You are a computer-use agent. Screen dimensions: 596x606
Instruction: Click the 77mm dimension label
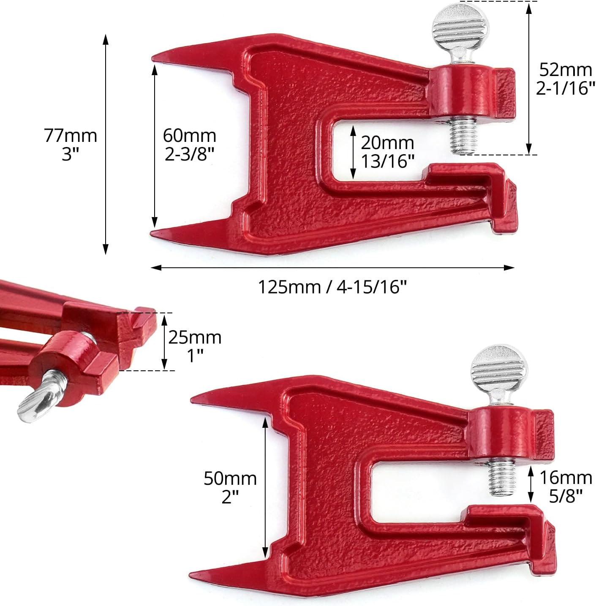[x=71, y=136]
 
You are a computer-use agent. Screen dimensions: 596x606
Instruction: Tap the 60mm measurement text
[x=189, y=136]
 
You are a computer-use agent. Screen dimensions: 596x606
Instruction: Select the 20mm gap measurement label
[x=387, y=143]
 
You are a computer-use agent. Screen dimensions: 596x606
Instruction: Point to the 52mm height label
[x=566, y=70]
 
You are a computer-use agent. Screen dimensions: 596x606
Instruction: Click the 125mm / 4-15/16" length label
[x=332, y=287]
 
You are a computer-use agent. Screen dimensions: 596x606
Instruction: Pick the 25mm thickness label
[x=195, y=337]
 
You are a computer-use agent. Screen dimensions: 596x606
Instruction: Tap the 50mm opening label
[x=230, y=478]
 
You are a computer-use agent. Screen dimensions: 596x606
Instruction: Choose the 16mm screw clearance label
[x=566, y=478]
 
